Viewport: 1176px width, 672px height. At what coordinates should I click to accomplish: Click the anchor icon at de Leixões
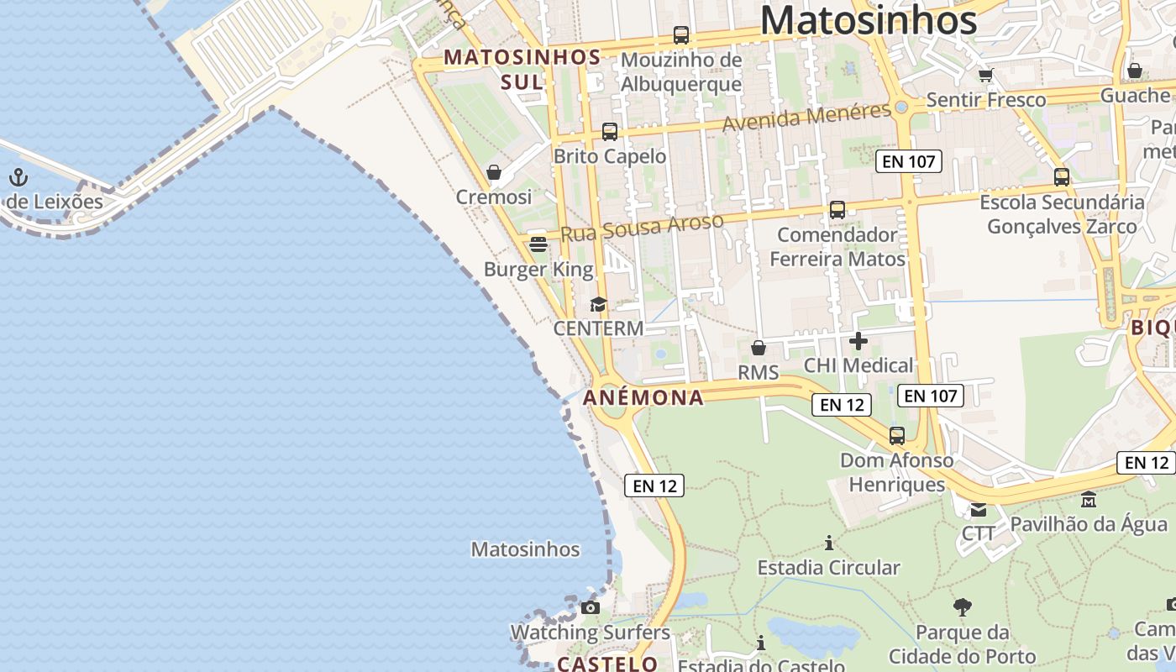[x=18, y=177]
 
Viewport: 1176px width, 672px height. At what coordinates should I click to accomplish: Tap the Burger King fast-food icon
[x=538, y=244]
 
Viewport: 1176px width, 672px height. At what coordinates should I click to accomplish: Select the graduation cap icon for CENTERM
[x=598, y=304]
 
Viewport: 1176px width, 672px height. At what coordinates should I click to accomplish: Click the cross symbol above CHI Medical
[x=858, y=341]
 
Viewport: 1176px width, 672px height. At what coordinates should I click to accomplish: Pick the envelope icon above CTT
[x=979, y=509]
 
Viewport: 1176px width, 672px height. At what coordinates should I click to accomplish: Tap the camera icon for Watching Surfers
[x=591, y=607]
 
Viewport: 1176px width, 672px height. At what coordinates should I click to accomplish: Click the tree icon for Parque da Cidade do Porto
[x=963, y=606]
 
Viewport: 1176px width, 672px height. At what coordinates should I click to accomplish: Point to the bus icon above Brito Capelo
[x=610, y=132]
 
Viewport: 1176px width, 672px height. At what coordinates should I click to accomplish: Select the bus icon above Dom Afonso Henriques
[x=897, y=436]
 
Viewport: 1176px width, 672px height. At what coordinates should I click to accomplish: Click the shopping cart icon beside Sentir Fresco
[x=986, y=75]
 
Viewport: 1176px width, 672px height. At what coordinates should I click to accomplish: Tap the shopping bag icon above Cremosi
[x=494, y=173]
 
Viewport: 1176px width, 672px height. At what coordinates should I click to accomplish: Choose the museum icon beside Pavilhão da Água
[x=1089, y=500]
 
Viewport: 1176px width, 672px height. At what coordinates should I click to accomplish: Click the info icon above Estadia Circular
[x=829, y=543]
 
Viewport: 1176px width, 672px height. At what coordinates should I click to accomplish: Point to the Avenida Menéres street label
[x=806, y=117]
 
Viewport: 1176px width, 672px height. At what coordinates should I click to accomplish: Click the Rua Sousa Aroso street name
[x=642, y=228]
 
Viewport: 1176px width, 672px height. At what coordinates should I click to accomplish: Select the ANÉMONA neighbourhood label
[x=643, y=397]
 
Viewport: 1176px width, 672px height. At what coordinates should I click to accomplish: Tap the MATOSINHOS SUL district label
[x=522, y=69]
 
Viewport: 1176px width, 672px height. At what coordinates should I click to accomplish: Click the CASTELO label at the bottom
[x=607, y=664]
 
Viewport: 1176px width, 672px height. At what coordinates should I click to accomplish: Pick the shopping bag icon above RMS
[x=759, y=348]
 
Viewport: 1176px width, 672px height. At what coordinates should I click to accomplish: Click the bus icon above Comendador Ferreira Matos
[x=837, y=210]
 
